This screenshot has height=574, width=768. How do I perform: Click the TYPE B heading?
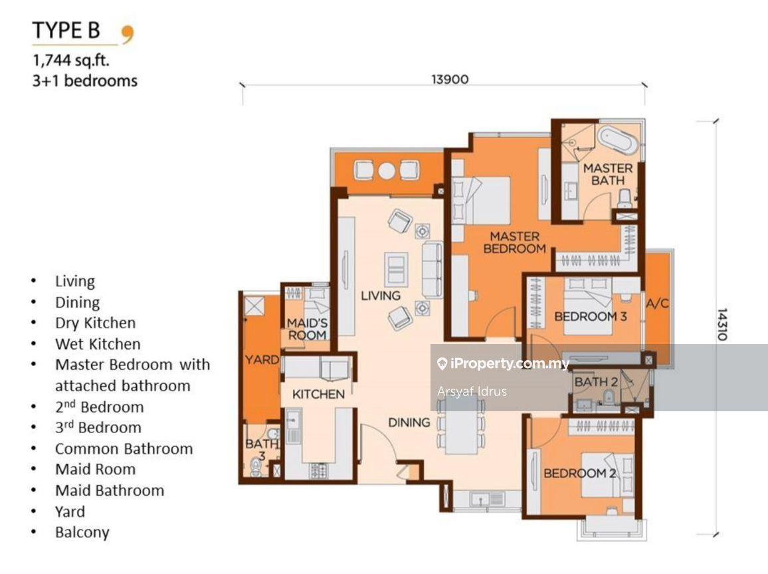(66, 31)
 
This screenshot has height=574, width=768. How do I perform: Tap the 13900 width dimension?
(450, 79)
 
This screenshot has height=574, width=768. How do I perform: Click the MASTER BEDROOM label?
(514, 242)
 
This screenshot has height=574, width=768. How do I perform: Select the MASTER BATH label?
(607, 174)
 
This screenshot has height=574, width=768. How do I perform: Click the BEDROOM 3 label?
(590, 317)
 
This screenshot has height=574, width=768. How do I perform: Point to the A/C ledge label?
(656, 304)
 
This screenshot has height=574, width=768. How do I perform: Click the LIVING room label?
(381, 296)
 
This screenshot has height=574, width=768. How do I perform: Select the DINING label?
(409, 422)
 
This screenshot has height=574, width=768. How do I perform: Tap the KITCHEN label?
(318, 394)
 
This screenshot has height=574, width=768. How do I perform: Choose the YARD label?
(262, 360)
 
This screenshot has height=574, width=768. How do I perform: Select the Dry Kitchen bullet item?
(95, 323)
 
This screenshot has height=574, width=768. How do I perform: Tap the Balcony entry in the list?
(82, 532)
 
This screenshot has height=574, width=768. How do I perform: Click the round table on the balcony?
(387, 170)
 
